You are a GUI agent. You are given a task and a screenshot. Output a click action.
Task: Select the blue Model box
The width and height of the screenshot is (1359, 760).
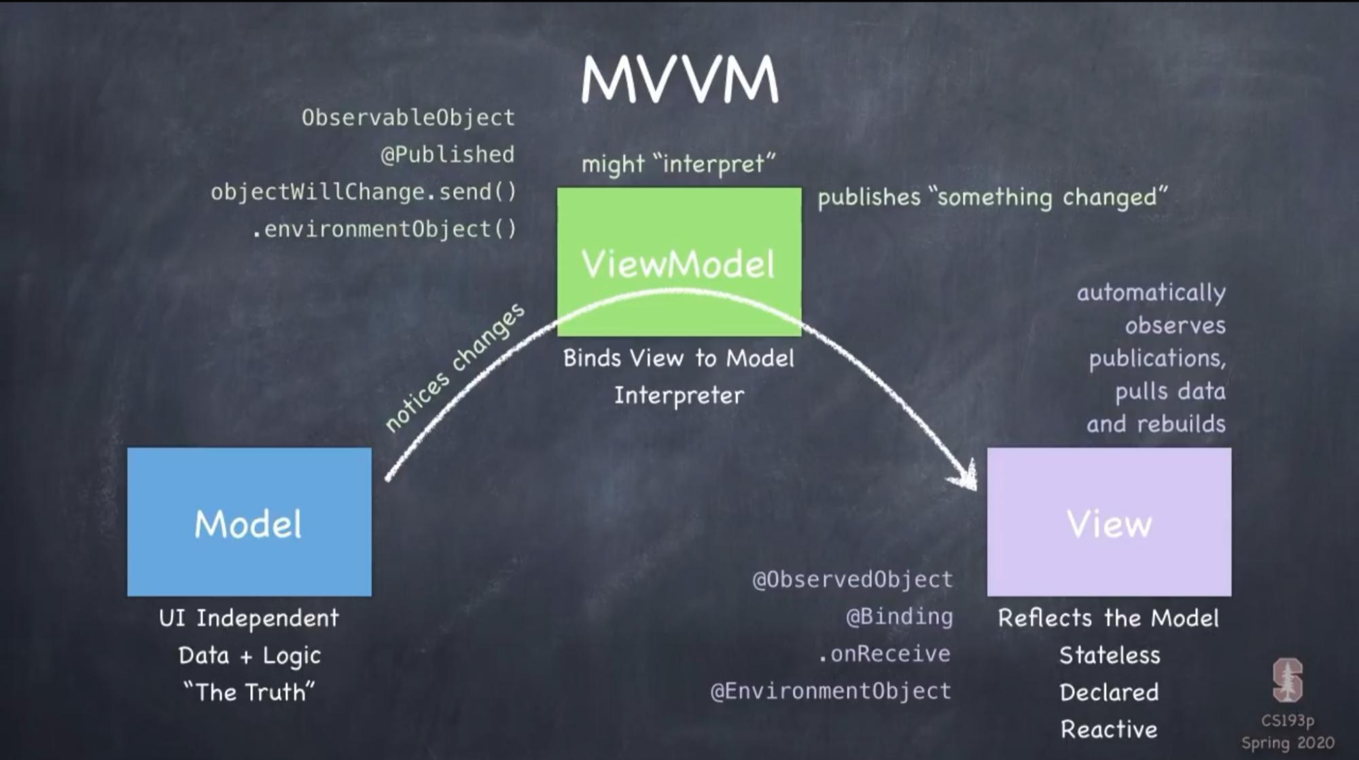pyautogui.click(x=249, y=522)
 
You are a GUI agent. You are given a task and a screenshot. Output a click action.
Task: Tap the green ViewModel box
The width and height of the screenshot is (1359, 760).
pyautogui.click(x=679, y=261)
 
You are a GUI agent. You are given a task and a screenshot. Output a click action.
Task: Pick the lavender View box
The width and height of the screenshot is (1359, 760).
pyautogui.click(x=1109, y=522)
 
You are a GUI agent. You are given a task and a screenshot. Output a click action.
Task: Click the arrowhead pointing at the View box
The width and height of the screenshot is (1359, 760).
pyautogui.click(x=966, y=476)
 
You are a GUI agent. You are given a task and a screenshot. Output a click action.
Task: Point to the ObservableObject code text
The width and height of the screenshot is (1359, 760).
pyautogui.click(x=408, y=117)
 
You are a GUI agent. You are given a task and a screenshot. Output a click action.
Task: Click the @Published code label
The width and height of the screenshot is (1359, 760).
pyautogui.click(x=447, y=155)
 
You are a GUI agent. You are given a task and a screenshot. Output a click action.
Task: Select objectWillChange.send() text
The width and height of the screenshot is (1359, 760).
pyautogui.click(x=364, y=192)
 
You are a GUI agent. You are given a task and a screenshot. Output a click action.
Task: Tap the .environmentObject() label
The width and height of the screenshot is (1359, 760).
pyautogui.click(x=384, y=230)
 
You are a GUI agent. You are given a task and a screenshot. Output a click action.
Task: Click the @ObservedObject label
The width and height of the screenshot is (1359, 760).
pyautogui.click(x=852, y=579)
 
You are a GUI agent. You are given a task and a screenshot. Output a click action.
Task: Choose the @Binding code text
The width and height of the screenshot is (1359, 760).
pyautogui.click(x=899, y=617)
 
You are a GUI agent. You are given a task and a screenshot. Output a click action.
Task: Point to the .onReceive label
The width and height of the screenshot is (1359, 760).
pyautogui.click(x=884, y=653)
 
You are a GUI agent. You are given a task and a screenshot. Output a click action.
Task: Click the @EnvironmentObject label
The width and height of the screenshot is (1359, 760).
pyautogui.click(x=830, y=691)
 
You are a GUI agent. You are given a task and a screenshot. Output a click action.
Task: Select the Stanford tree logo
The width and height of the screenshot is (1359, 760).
pyautogui.click(x=1287, y=680)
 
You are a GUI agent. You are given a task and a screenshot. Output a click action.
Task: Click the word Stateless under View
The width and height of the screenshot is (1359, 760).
pyautogui.click(x=1109, y=655)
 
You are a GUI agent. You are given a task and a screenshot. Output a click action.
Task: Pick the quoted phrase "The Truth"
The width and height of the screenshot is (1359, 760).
pyautogui.click(x=249, y=692)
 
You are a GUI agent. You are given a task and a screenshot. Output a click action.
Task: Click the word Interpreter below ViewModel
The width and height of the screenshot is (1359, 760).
pyautogui.click(x=679, y=395)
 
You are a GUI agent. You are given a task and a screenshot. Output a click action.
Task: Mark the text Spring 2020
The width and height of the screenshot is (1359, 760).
pyautogui.click(x=1288, y=743)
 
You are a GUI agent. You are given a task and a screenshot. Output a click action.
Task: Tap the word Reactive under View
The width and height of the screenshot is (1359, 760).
pyautogui.click(x=1109, y=729)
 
